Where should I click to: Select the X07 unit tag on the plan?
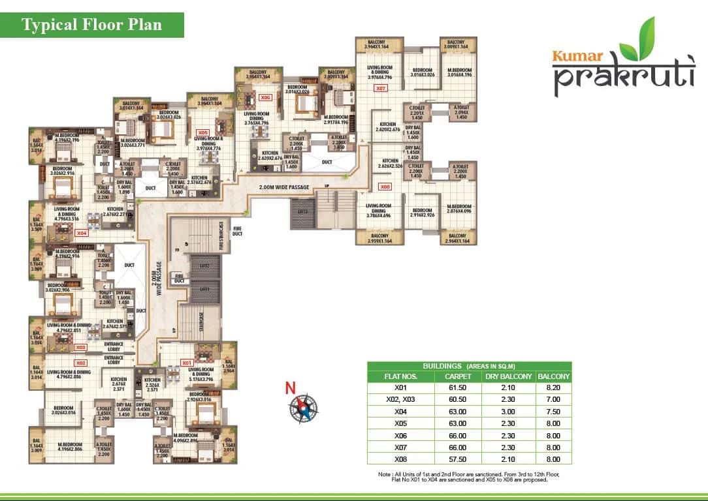[x=381, y=87]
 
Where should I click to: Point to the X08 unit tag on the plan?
[x=385, y=186]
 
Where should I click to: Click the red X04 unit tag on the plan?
[x=81, y=233]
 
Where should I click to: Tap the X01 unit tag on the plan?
[x=187, y=363]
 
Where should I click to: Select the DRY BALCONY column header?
[x=507, y=376]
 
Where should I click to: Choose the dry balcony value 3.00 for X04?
[x=507, y=411]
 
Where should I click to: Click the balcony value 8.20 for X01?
[x=553, y=387]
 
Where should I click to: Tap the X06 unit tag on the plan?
[x=265, y=98]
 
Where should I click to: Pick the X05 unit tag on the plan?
[x=202, y=132]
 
